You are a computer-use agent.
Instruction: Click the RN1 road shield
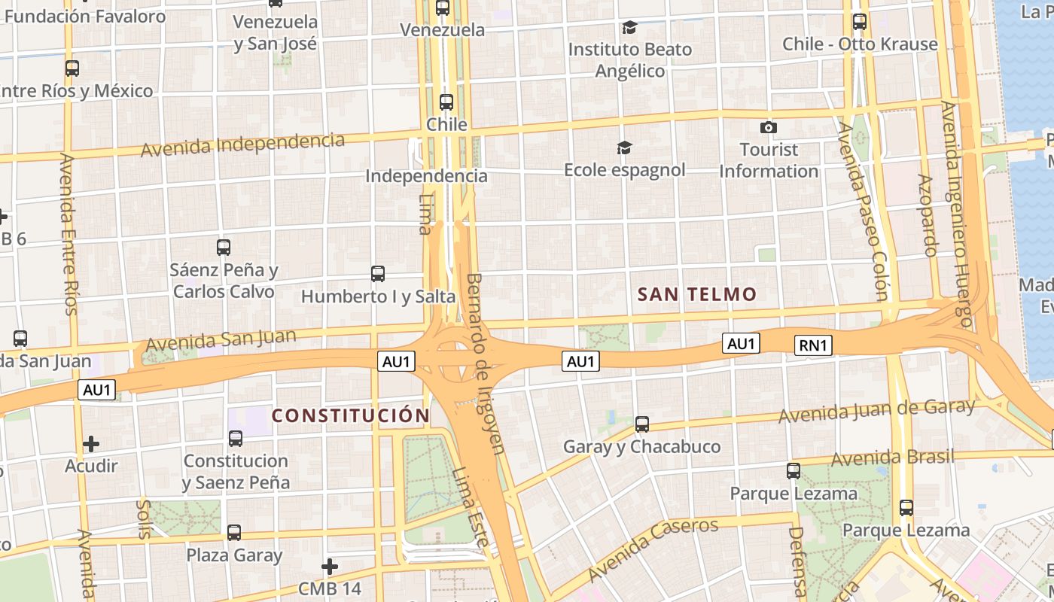point(813,345)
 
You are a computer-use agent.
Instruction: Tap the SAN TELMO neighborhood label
point(696,294)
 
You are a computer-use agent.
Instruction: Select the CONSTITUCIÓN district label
point(350,415)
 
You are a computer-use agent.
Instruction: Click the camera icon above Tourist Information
point(768,127)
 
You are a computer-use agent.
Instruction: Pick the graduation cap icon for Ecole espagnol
point(624,147)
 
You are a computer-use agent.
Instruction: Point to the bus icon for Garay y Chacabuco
point(641,424)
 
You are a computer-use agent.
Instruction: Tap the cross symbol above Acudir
point(91,444)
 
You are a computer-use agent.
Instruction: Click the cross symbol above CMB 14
point(329,566)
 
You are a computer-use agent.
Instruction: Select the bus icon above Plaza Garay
point(234,533)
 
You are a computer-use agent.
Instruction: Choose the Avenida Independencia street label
point(242,143)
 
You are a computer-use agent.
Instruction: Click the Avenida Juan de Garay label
point(876,411)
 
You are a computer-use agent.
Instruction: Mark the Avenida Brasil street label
point(892,457)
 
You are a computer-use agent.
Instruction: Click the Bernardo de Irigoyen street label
point(484,363)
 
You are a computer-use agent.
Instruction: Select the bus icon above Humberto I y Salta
point(378,274)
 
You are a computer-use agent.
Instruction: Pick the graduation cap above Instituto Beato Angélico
point(629,28)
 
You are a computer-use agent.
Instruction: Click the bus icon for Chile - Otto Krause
point(859,22)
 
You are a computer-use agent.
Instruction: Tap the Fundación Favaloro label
point(84,16)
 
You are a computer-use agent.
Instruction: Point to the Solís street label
point(144,518)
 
